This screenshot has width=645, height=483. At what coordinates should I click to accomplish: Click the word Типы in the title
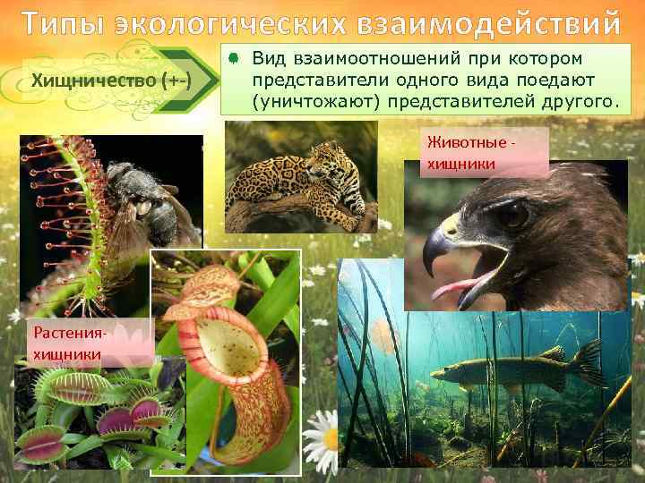(x=61, y=21)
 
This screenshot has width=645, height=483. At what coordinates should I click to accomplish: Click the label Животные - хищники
(x=473, y=152)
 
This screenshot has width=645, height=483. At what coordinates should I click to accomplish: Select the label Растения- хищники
(x=70, y=343)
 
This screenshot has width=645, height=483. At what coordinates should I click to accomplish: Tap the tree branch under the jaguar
(x=296, y=216)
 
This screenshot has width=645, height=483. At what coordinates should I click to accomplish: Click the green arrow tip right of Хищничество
(x=209, y=82)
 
